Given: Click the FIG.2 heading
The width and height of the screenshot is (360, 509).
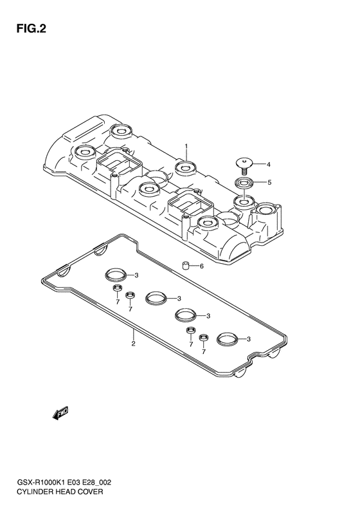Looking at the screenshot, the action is pos(32,29).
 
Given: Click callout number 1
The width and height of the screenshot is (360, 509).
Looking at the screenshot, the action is pos(186,146).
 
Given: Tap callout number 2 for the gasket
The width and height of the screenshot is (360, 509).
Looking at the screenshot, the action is pos(133,344).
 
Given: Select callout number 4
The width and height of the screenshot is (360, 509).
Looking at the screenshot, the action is pos(268,165).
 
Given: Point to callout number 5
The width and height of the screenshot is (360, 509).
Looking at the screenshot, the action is pos(269,183).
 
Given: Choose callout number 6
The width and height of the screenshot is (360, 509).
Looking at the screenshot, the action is pos(201,266).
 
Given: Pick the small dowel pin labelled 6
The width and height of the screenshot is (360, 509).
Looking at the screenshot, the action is pos(186,266).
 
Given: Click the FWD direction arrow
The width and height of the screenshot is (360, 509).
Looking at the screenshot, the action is pos(60,413).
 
